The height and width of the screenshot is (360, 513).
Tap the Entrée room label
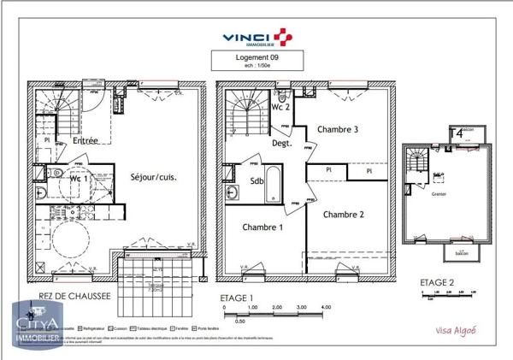[x=84, y=140]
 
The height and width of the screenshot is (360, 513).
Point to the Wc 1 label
[x=56, y=178]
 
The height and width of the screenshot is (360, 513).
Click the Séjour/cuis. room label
[x=154, y=177]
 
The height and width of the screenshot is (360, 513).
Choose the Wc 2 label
[x=281, y=107]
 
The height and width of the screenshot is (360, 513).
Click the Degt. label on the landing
[x=282, y=144]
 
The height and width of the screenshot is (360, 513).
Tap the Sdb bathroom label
[x=256, y=181]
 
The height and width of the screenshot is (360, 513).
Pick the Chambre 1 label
[x=262, y=227]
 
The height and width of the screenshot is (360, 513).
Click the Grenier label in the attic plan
[x=439, y=193]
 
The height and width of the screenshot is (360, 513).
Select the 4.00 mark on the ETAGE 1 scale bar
[x=325, y=306]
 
